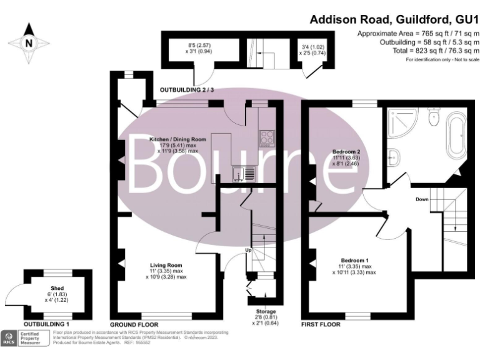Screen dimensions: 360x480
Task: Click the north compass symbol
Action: coord(28,43)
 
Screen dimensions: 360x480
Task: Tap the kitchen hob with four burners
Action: coord(266,136)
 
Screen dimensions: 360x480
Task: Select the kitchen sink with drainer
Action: coord(242,173)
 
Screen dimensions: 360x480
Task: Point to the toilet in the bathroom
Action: coord(435,116)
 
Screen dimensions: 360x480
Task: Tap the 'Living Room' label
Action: coord(166,265)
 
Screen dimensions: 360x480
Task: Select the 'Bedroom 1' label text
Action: coord(354,260)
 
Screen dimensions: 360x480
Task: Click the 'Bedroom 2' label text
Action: coord(346,152)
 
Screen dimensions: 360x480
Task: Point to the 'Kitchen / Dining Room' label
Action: coord(177,139)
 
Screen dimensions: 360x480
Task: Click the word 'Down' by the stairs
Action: coord(422,199)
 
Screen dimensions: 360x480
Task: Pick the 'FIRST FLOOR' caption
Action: coord(321,325)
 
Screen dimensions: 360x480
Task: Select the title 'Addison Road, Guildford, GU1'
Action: coord(394,20)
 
